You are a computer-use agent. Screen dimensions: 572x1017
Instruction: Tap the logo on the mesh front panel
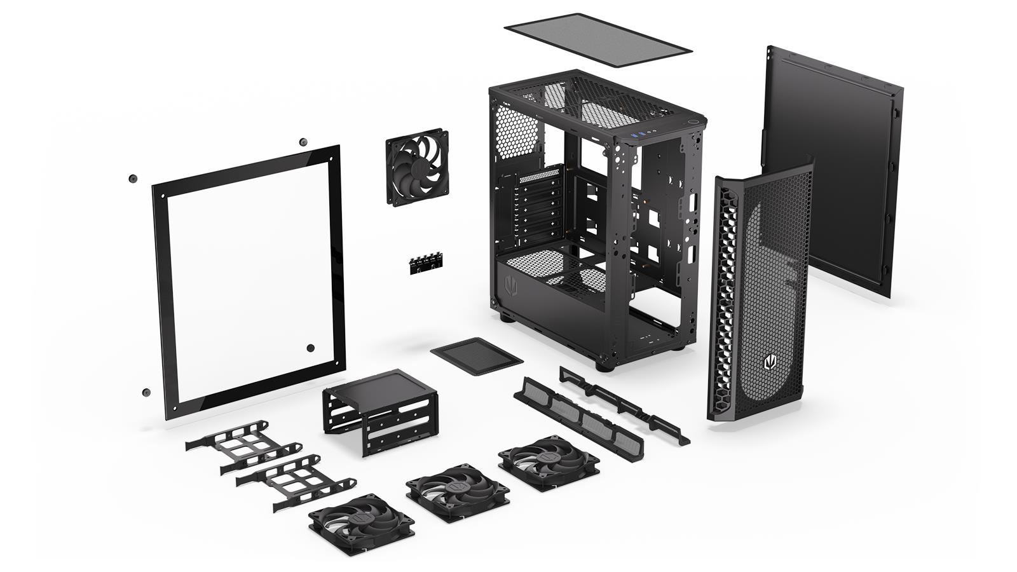coord(770,364)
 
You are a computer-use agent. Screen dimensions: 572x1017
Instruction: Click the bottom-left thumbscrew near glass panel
coord(147,393)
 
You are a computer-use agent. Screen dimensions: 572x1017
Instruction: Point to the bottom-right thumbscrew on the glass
coord(311,348)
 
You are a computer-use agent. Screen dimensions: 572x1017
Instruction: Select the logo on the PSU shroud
coord(510,286)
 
